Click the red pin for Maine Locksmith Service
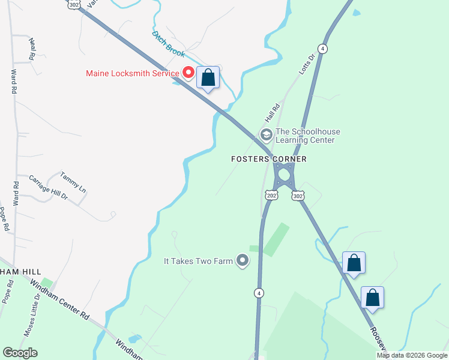pyautogui.click(x=188, y=73)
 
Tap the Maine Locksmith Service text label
pyautogui.click(x=133, y=74)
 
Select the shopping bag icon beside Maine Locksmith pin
pyautogui.click(x=208, y=77)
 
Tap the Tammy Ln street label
pyautogui.click(x=73, y=182)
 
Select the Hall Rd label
pyautogui.click(x=274, y=111)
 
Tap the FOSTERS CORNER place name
pyautogui.click(x=270, y=159)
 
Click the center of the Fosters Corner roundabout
pyautogui.click(x=283, y=174)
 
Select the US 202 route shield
pyautogui.click(x=271, y=196)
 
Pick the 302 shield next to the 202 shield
pyautogui.click(x=298, y=196)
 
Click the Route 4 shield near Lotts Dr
pyautogui.click(x=323, y=49)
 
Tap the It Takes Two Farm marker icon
pyautogui.click(x=243, y=260)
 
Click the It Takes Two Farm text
pyautogui.click(x=198, y=261)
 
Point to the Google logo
pyautogui.click(x=20, y=353)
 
